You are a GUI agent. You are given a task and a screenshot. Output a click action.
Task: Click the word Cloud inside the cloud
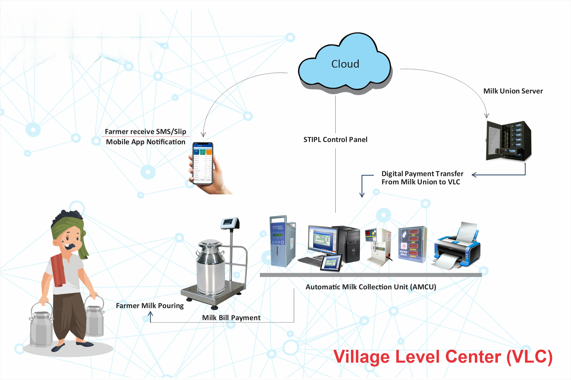(345, 64)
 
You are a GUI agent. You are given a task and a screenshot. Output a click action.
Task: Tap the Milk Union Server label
(513, 91)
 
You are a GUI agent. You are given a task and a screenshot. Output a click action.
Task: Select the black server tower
(508, 141)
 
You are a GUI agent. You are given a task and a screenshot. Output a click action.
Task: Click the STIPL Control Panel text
(335, 140)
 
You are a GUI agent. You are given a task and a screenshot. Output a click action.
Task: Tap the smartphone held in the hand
(203, 163)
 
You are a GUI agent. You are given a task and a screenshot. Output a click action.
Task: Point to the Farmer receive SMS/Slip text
(145, 132)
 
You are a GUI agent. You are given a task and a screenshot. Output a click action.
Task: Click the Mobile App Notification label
(145, 142)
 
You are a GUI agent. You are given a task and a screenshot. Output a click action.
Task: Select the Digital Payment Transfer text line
(422, 174)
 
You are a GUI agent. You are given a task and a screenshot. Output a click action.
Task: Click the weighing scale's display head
(230, 223)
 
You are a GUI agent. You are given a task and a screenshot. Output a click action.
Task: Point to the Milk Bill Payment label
(231, 318)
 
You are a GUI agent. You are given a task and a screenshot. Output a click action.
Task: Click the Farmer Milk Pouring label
(150, 306)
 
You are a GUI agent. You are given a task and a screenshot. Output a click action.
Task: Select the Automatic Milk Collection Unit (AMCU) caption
(371, 287)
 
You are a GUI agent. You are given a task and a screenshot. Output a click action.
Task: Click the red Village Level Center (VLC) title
(443, 357)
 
